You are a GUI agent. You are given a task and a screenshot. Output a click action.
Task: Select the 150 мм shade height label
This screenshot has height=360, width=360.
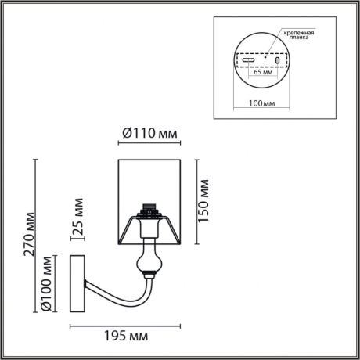pyautogui.click(x=206, y=201)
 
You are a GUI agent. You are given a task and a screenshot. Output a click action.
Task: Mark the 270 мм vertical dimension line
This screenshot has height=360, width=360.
pyautogui.click(x=35, y=235)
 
